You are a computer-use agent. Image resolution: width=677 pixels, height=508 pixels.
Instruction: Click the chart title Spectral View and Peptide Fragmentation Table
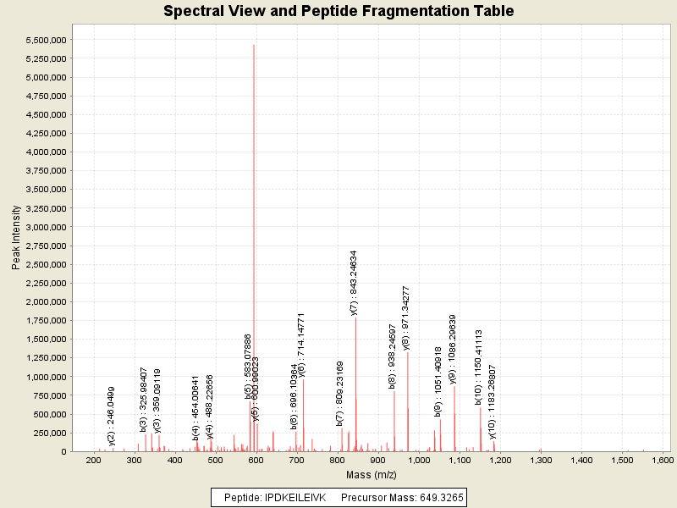tap(338, 11)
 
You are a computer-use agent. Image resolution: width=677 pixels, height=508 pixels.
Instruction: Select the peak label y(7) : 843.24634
tap(354, 283)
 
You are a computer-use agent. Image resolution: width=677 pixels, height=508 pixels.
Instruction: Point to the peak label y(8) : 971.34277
tap(406, 318)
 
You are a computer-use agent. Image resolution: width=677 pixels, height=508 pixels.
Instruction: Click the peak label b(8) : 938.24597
tap(393, 356)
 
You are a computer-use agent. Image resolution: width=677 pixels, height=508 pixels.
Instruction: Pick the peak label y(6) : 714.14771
tap(301, 345)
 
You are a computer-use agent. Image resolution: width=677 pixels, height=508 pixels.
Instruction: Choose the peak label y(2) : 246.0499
tap(112, 416)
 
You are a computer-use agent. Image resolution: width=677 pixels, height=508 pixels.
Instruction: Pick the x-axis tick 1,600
tap(662, 460)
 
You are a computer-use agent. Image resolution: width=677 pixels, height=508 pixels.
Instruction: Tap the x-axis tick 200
tap(93, 460)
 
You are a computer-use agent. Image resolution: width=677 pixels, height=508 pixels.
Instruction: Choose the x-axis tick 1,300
tap(540, 460)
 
